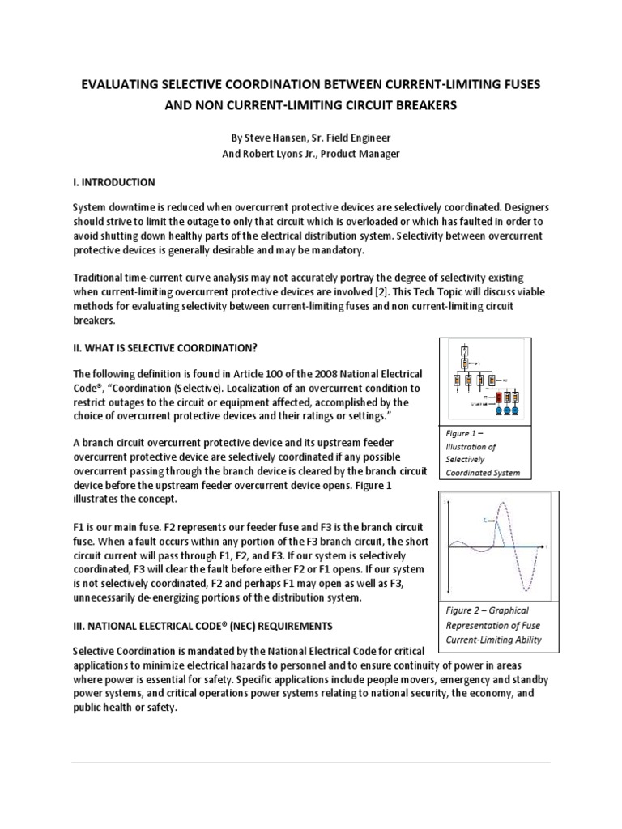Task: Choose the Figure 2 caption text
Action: coord(495,625)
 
